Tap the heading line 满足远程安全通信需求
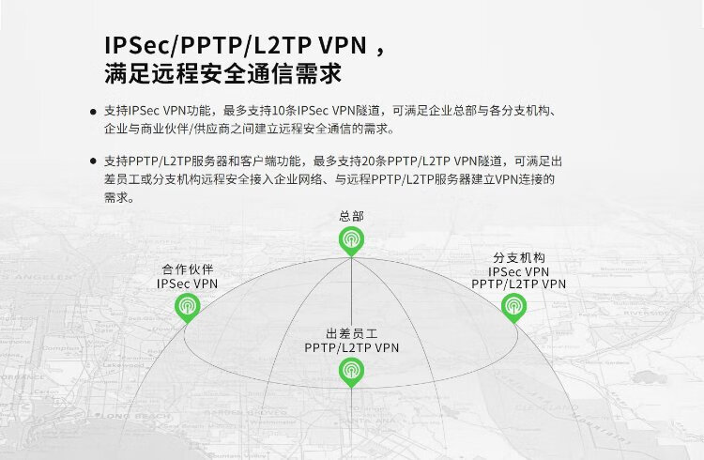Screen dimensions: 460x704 pos(222,74)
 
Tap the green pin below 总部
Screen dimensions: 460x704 pos(351,240)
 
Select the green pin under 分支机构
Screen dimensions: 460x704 pos(513,306)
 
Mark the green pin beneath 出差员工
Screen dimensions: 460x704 pos(351,372)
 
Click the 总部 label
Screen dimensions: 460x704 pos(351,216)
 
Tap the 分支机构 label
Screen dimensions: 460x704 pos(519,257)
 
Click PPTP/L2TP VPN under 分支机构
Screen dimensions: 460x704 pos(519,284)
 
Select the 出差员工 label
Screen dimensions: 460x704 pos(351,334)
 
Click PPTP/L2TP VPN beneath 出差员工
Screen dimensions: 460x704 pos(351,348)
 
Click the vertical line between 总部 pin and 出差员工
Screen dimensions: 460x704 pos(352,291)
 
